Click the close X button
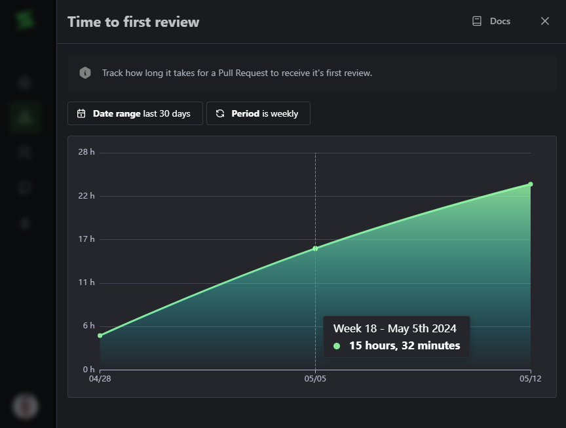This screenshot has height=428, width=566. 545,21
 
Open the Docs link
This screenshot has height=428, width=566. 499,21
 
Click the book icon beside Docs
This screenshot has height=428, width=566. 477,21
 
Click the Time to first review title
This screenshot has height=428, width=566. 133,22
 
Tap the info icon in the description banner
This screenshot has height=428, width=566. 85,73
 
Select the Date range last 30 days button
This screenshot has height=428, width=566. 135,113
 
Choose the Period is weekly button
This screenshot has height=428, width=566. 258,113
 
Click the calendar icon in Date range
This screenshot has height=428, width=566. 81,113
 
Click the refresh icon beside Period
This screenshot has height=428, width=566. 220,113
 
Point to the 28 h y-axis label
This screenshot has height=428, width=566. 86,152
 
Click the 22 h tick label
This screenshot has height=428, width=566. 86,195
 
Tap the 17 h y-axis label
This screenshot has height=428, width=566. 86,239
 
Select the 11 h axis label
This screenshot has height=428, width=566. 86,282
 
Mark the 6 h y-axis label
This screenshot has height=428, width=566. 88,326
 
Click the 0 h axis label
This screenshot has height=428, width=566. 88,369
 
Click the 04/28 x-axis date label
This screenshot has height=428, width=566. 100,379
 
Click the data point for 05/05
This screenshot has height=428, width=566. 315,248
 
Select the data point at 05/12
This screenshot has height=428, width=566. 531,184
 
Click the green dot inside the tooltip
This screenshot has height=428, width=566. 337,346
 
